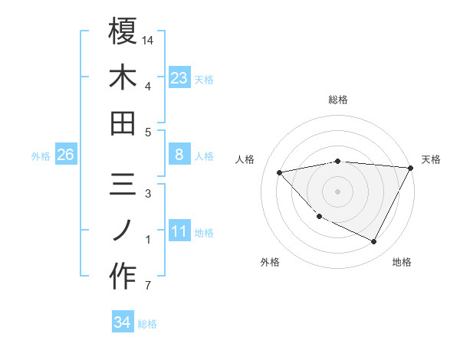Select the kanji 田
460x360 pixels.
(x=123, y=123)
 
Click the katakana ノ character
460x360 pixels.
(x=123, y=231)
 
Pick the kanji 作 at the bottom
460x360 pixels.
(x=123, y=278)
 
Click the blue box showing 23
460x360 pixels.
(x=179, y=77)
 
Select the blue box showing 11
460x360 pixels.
(x=179, y=231)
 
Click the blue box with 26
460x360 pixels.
(x=65, y=155)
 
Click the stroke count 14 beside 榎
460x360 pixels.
(x=149, y=39)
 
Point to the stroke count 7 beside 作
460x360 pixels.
(x=147, y=286)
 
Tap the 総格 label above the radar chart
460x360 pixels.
(x=338, y=100)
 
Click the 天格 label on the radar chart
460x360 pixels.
(x=431, y=159)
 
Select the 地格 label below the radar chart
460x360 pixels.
(x=402, y=262)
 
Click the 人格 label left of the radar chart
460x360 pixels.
(x=245, y=159)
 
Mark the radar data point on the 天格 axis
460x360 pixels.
(x=411, y=168)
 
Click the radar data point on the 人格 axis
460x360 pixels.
(x=280, y=172)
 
